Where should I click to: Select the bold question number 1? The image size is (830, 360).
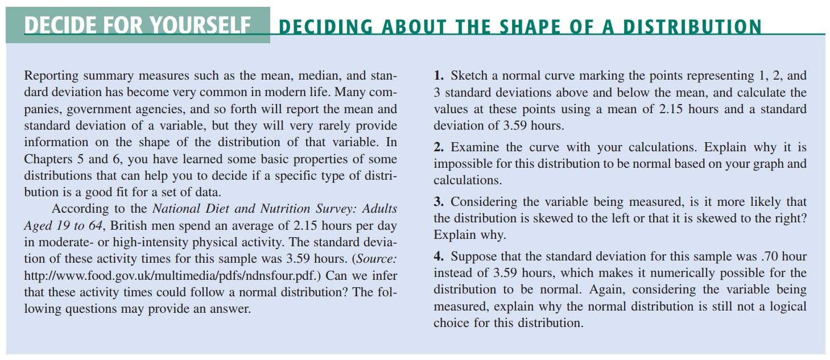[x=439, y=76]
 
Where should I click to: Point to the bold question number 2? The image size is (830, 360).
[x=439, y=147]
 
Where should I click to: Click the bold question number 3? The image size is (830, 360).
[x=439, y=202]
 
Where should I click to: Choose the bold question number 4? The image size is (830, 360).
[x=439, y=256]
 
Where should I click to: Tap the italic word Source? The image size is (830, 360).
[x=376, y=259]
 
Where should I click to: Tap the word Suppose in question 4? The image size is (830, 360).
[x=475, y=256]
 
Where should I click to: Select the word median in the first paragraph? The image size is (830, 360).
[x=318, y=76]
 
